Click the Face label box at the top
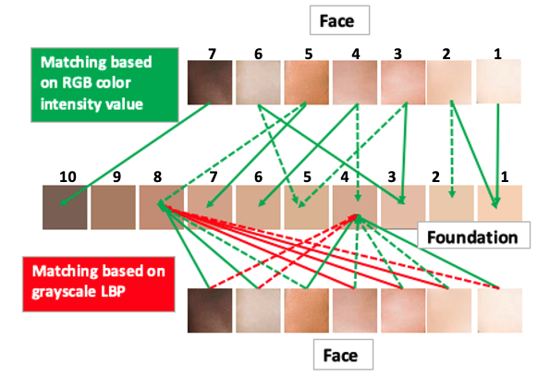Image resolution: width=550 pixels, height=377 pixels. point(339,20)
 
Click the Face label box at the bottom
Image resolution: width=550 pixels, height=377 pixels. point(343,354)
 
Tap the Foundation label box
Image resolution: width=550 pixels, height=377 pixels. point(473,235)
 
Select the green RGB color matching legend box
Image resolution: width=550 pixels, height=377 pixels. point(104,85)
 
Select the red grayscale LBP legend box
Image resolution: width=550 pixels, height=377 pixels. point(99,284)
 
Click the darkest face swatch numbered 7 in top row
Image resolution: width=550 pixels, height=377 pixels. point(210,82)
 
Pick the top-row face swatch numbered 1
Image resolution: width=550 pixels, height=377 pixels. point(498,81)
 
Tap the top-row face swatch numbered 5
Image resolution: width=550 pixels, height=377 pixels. point(306,82)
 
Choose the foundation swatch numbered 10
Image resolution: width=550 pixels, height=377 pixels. point(65,207)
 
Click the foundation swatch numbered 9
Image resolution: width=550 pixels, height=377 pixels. point(113,207)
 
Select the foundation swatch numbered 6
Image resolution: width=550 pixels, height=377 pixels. point(258,207)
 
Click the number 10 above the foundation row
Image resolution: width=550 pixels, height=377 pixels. point(67,177)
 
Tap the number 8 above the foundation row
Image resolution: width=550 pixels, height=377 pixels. point(157,177)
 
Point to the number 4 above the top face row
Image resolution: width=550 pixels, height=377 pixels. point(356,54)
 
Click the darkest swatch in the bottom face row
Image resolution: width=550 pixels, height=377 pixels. point(210,310)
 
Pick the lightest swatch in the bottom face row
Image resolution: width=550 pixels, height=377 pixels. point(499,310)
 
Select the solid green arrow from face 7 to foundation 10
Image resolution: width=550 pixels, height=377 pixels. point(135,153)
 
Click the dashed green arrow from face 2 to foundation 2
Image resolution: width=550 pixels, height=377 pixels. point(452,149)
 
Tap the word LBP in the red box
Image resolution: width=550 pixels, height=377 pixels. point(113,292)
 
